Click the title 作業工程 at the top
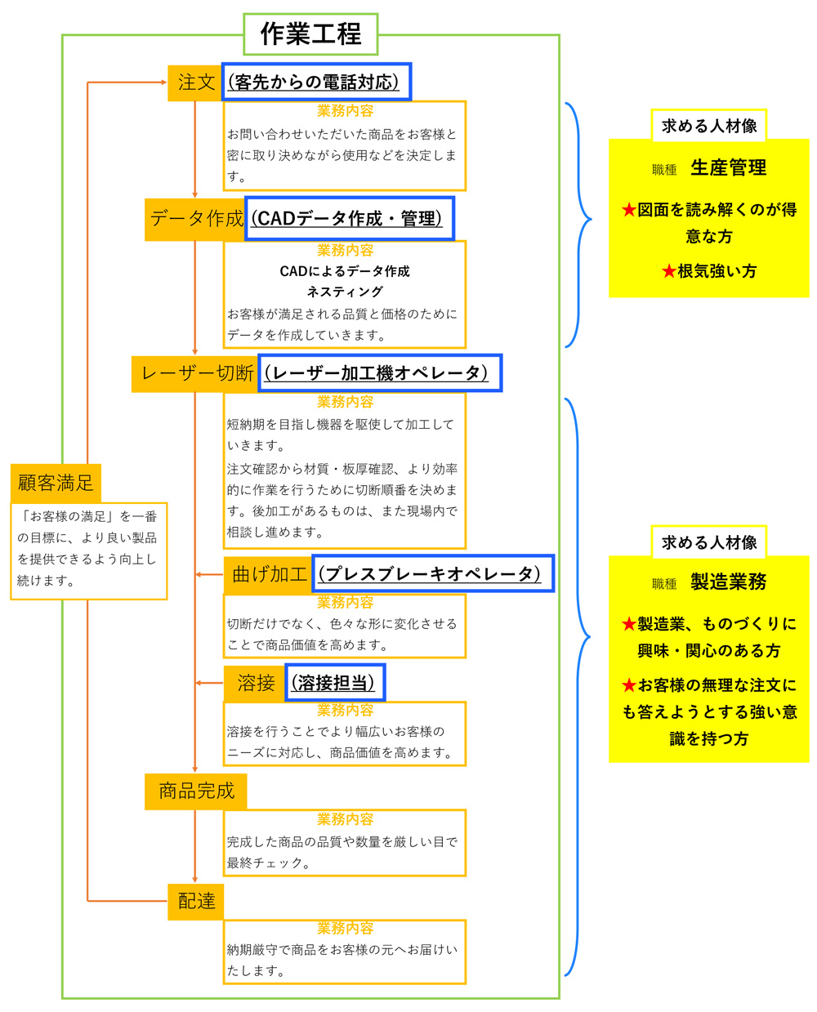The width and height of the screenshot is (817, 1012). pos(310,33)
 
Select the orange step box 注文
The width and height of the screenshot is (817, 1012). pos(195,82)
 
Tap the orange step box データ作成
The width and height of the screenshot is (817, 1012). pos(195,219)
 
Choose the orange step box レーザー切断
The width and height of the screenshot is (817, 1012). pos(195,373)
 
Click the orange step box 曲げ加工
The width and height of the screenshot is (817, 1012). pos(268,575)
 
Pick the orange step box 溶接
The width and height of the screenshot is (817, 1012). pos(255,683)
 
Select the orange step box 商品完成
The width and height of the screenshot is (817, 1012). pos(196,791)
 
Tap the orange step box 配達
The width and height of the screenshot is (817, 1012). pos(196,901)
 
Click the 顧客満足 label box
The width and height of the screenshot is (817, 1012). pos(56,484)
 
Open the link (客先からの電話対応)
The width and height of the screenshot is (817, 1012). pos(313,82)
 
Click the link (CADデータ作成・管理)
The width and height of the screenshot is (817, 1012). pos(346,219)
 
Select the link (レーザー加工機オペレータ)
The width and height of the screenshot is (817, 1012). pos(376,373)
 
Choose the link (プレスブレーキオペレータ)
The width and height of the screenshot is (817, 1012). pos(429,574)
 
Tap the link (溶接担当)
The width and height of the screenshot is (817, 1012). pos(333,683)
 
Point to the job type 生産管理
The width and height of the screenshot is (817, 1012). pos(728,167)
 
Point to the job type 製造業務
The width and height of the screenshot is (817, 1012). pos(728,582)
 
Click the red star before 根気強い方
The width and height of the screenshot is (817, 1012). pos(668,271)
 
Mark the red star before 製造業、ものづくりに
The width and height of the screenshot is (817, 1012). pos(629,624)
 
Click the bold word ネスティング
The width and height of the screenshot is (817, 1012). pos(345,292)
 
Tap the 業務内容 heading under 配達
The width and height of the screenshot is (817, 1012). pos(345,928)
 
